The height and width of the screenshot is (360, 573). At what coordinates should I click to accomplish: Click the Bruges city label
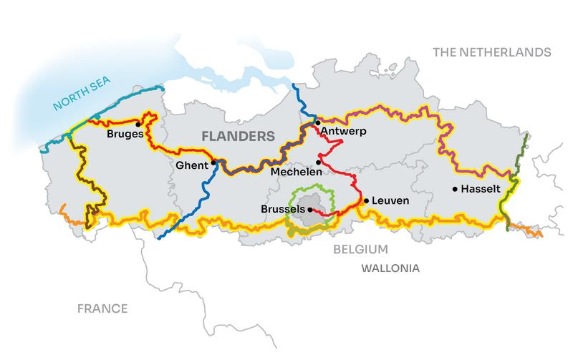125,134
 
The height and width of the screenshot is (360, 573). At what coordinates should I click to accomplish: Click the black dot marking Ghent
213,162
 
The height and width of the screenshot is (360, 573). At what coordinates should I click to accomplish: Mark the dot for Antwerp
318,123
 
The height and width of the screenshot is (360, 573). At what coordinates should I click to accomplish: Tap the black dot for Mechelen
319,162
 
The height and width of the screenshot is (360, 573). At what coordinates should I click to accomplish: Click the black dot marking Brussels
310,210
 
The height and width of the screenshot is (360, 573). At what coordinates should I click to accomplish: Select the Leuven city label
390,201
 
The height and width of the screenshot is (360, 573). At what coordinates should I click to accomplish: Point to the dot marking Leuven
366,201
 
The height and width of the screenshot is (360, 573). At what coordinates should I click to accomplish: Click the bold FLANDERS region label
237,135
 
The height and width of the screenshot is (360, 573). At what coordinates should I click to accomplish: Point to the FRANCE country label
103,308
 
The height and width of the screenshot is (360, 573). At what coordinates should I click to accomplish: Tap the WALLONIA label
390,268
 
